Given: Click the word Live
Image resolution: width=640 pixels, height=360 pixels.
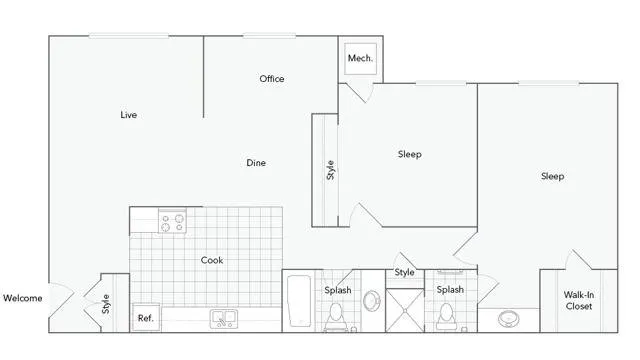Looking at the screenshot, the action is (129, 115).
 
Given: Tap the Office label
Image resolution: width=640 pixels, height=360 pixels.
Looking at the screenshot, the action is (272, 79).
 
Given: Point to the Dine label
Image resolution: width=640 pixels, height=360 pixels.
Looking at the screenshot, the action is (256, 163).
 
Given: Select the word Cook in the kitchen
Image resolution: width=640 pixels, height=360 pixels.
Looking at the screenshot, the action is (212, 260).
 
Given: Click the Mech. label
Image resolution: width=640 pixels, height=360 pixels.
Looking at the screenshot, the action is (360, 58).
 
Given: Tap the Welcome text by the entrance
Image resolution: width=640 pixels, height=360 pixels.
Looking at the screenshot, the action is (23, 298).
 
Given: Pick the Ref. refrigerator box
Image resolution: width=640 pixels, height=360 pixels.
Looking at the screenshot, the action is (146, 318).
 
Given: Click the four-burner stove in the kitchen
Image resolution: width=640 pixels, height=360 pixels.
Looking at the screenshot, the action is (172, 222).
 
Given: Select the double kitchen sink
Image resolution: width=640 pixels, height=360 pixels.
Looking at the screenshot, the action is (224, 319).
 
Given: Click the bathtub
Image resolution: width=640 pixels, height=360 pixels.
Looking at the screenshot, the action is (299, 301).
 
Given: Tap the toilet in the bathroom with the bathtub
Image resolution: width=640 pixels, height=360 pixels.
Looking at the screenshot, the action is (336, 317).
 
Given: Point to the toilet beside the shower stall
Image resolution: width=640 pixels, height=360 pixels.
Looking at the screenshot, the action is (447, 317).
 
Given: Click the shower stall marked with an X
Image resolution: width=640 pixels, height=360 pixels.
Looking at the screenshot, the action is (405, 311).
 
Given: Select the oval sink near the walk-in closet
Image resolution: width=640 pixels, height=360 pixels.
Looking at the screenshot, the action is (509, 319).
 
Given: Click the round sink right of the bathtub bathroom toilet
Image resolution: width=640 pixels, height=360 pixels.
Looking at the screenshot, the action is (372, 301).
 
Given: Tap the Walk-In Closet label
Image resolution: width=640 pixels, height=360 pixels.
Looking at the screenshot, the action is (579, 301).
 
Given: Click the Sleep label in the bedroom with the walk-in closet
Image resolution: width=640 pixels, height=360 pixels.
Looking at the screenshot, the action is (553, 176).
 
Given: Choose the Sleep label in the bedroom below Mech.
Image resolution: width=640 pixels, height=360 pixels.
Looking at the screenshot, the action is (410, 154).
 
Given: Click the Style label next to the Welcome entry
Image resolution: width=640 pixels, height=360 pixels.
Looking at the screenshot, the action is (106, 304).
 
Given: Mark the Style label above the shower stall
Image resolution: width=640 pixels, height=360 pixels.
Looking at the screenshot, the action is (404, 272).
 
